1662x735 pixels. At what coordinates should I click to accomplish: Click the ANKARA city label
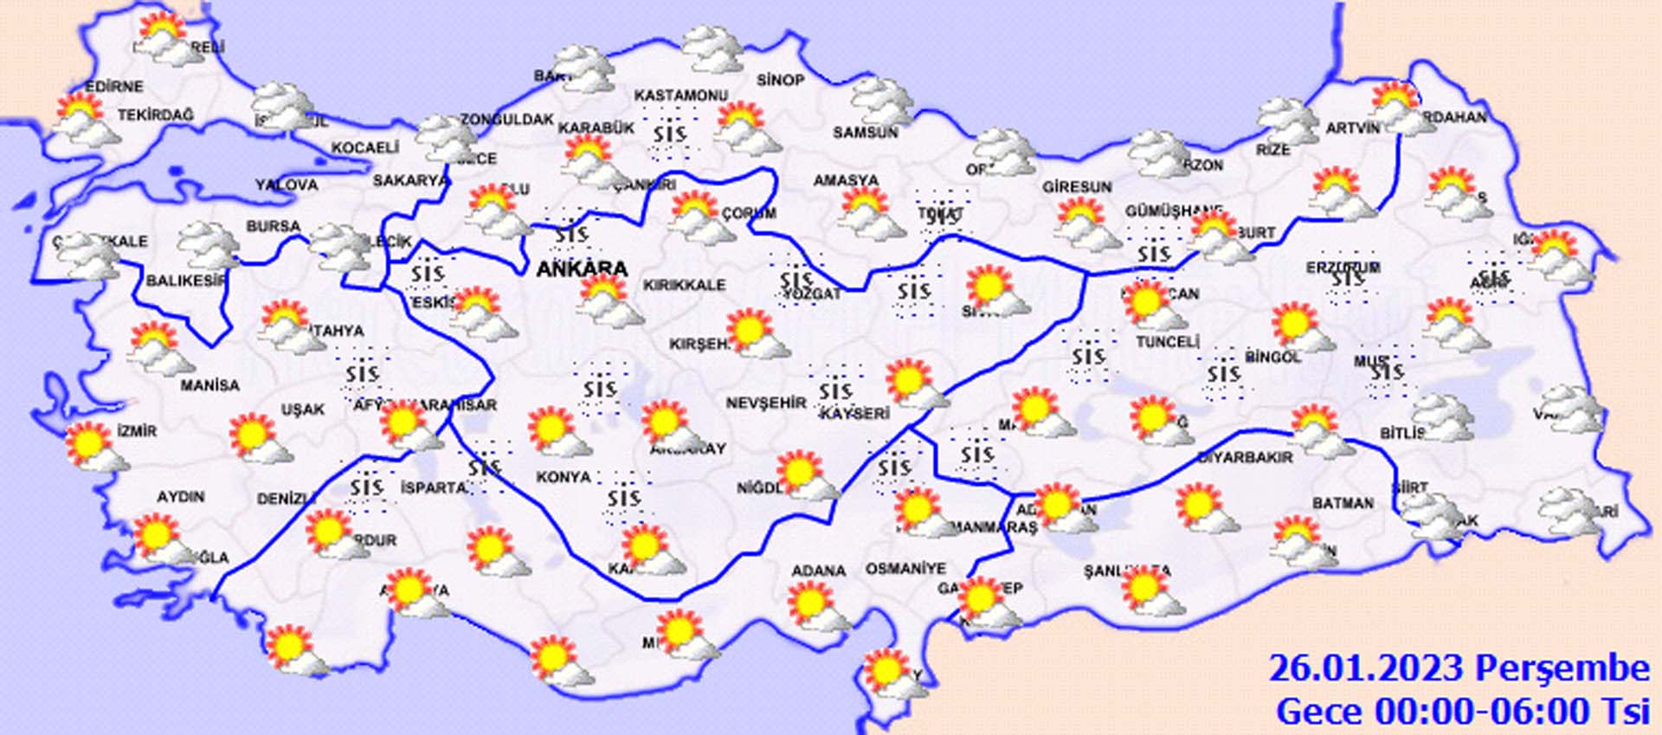pyautogui.click(x=582, y=269)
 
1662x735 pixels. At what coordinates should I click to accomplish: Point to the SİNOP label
pyautogui.click(x=780, y=80)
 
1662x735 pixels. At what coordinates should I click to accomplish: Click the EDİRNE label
pyautogui.click(x=114, y=87)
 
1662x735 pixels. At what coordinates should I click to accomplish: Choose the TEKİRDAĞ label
pyautogui.click(x=156, y=114)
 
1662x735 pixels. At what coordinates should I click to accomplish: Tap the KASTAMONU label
pyautogui.click(x=681, y=95)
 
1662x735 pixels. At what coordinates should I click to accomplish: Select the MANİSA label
pyautogui.click(x=209, y=385)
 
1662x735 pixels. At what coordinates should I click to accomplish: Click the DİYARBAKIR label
pyautogui.click(x=1245, y=457)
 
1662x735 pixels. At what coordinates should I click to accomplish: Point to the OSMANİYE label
pyautogui.click(x=905, y=569)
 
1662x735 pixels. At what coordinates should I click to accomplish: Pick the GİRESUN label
pyautogui.click(x=1077, y=186)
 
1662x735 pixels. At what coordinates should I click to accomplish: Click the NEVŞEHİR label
pyautogui.click(x=765, y=403)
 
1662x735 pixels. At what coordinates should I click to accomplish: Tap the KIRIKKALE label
pyautogui.click(x=684, y=285)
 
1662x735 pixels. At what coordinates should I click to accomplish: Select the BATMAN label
pyautogui.click(x=1343, y=503)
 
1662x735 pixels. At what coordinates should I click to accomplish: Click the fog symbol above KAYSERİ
pyautogui.click(x=835, y=392)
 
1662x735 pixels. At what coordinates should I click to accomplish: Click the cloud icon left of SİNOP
pyautogui.click(x=712, y=50)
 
